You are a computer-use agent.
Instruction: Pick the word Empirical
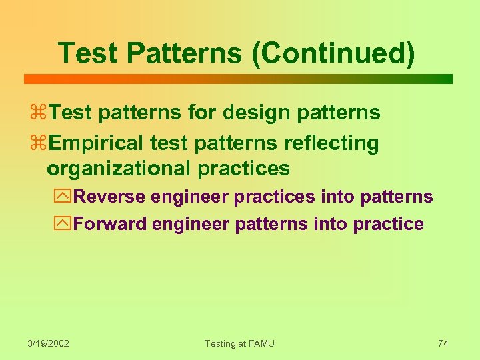(x=97, y=143)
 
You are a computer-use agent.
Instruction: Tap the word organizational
(x=119, y=169)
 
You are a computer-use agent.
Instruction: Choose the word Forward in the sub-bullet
(x=110, y=224)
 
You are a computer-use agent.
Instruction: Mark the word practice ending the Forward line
(x=389, y=224)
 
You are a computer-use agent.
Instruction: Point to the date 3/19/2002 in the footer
(x=49, y=343)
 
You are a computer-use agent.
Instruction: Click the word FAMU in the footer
(x=261, y=343)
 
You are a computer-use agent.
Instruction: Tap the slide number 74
(x=443, y=343)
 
